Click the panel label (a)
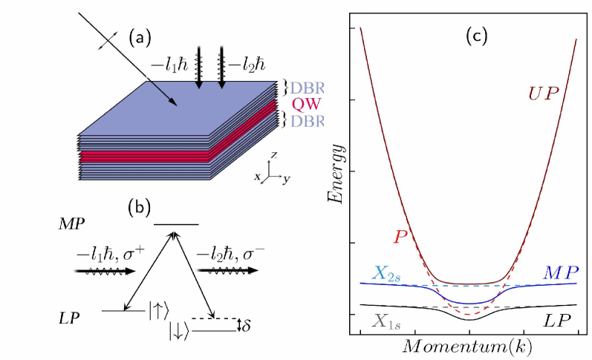140,36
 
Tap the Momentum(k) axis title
469,346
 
